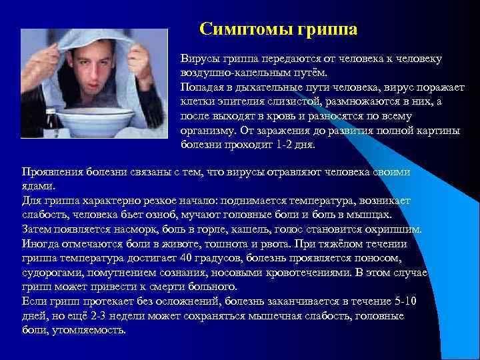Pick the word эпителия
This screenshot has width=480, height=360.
[x=247, y=102]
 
